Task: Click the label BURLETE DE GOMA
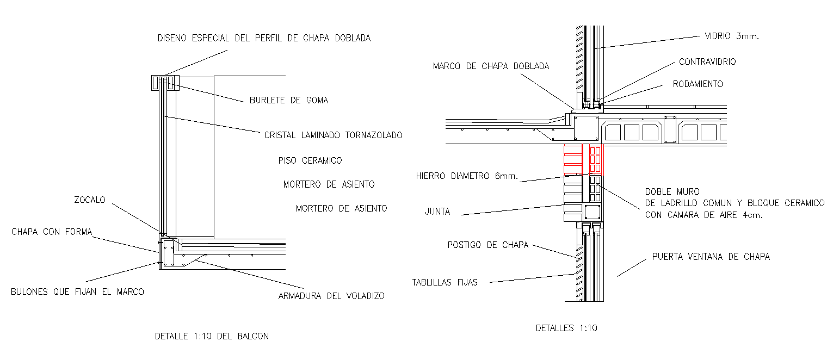288,101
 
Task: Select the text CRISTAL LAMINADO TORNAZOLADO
333,135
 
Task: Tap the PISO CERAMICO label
310,160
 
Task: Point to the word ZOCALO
89,200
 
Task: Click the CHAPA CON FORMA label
52,232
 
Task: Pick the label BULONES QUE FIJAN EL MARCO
77,292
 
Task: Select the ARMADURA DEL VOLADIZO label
331,296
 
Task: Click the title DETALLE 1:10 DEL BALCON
212,336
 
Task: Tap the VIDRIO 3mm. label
731,36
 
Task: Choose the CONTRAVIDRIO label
707,62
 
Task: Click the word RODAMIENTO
698,84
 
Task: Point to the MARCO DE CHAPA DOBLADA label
491,66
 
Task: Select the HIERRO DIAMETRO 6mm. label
467,176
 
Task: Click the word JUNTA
437,212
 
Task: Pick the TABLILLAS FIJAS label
445,282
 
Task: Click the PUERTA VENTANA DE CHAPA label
711,257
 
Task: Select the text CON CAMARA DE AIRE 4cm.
703,215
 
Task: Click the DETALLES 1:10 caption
566,328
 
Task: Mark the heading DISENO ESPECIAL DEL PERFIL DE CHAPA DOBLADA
264,38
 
